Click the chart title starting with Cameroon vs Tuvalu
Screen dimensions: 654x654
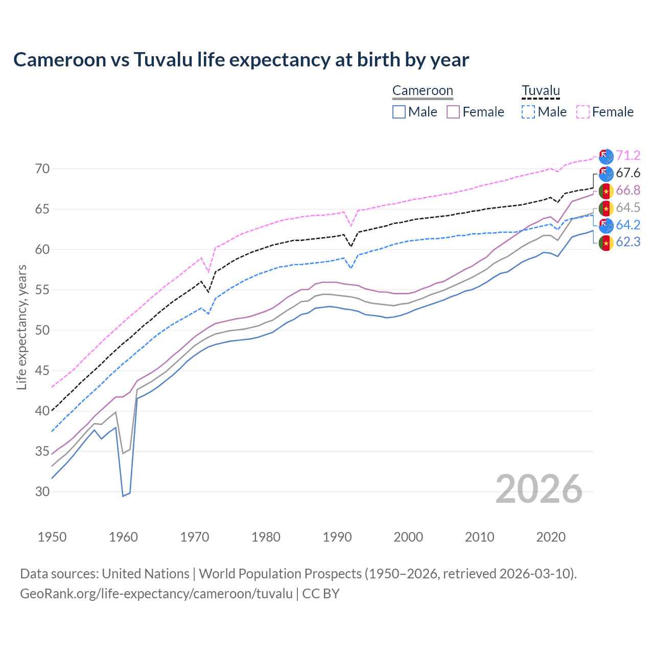pyautogui.click(x=241, y=60)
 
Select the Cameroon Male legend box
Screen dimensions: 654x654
pyautogui.click(x=399, y=112)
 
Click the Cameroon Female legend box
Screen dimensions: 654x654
pyautogui.click(x=454, y=112)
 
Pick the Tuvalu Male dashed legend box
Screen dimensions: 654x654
pyautogui.click(x=528, y=112)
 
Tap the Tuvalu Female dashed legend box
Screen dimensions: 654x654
pyautogui.click(x=583, y=112)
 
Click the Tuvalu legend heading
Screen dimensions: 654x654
pyautogui.click(x=541, y=91)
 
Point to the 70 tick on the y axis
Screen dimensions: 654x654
pyautogui.click(x=42, y=169)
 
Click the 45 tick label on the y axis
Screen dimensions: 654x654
pyautogui.click(x=42, y=370)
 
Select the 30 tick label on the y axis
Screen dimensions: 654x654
pyautogui.click(x=42, y=492)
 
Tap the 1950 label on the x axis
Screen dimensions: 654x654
pyautogui.click(x=52, y=537)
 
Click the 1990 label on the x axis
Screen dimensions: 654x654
pyautogui.click(x=337, y=537)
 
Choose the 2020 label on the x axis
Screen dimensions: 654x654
pyautogui.click(x=551, y=537)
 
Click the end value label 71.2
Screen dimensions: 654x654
pyautogui.click(x=628, y=156)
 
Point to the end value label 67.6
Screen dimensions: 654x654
pyautogui.click(x=628, y=173)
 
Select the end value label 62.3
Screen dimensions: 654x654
pyautogui.click(x=628, y=242)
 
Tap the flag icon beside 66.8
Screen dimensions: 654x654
pyautogui.click(x=606, y=191)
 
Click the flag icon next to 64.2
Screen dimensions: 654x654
pyautogui.click(x=606, y=225)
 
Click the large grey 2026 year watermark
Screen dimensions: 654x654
pyautogui.click(x=539, y=489)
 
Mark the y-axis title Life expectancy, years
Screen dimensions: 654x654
pyautogui.click(x=22, y=327)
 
